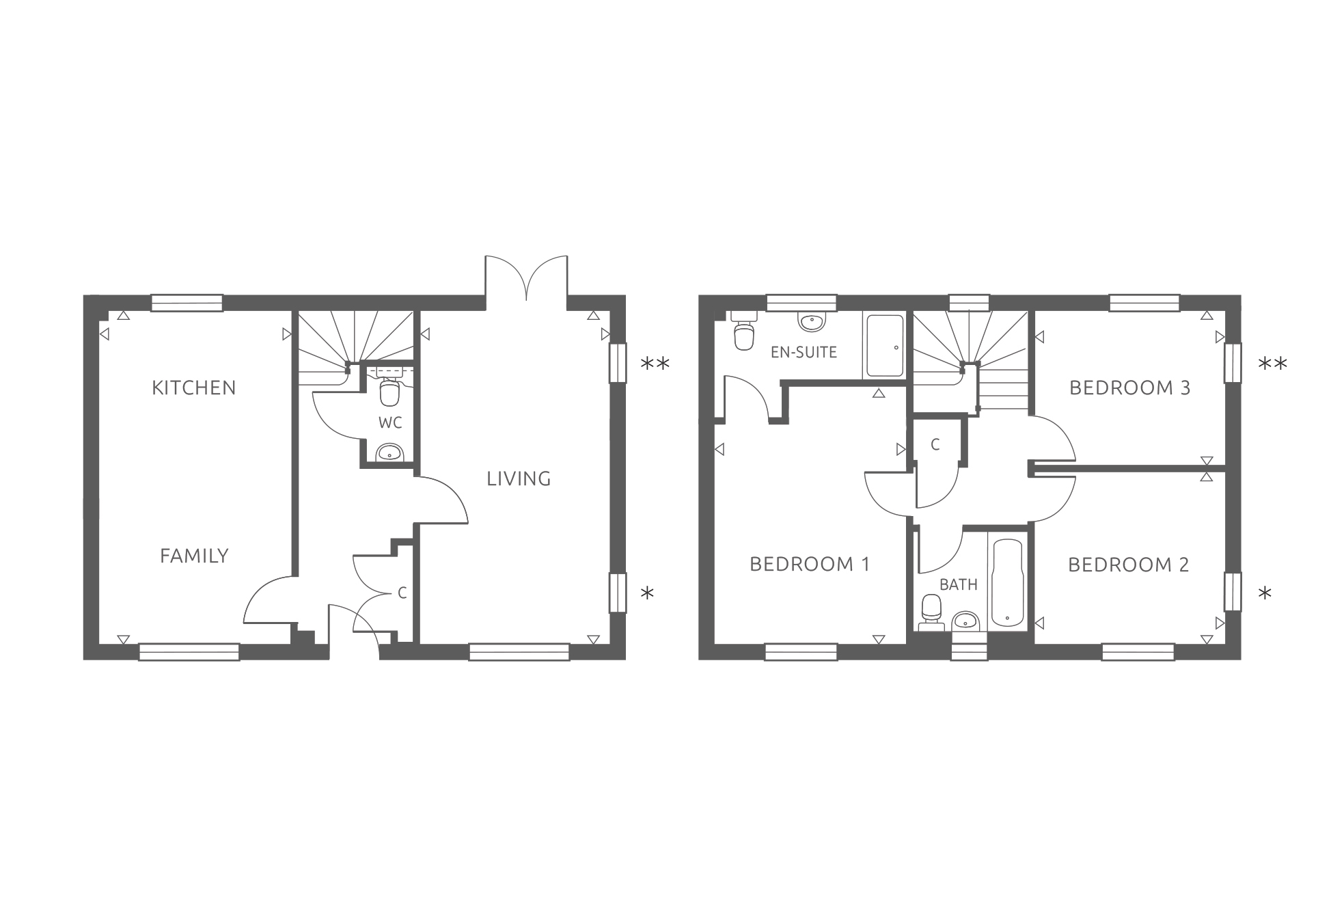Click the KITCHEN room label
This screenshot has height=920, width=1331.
tap(194, 388)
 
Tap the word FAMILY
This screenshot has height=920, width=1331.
tap(194, 556)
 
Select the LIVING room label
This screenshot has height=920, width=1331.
tap(519, 479)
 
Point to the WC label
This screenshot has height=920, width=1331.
tap(390, 423)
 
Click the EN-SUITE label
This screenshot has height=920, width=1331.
tap(804, 353)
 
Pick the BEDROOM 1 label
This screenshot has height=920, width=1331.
tap(810, 565)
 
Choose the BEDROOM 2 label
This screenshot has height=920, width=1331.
tap(1128, 565)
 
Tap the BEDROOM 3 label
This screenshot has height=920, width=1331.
tap(1129, 388)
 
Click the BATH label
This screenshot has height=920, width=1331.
tap(959, 585)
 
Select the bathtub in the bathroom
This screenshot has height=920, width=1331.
tap(1008, 583)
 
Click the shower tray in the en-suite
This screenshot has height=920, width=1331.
tap(885, 346)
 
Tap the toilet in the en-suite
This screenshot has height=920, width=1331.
tap(743, 331)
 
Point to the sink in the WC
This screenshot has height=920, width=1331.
tap(390, 452)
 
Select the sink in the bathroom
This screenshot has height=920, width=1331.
tap(965, 621)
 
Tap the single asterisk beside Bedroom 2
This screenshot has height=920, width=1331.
tap(1265, 593)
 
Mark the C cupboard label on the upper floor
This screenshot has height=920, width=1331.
tap(935, 445)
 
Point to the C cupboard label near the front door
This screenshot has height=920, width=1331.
tap(402, 593)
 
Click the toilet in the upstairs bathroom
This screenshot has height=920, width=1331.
tap(931, 612)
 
